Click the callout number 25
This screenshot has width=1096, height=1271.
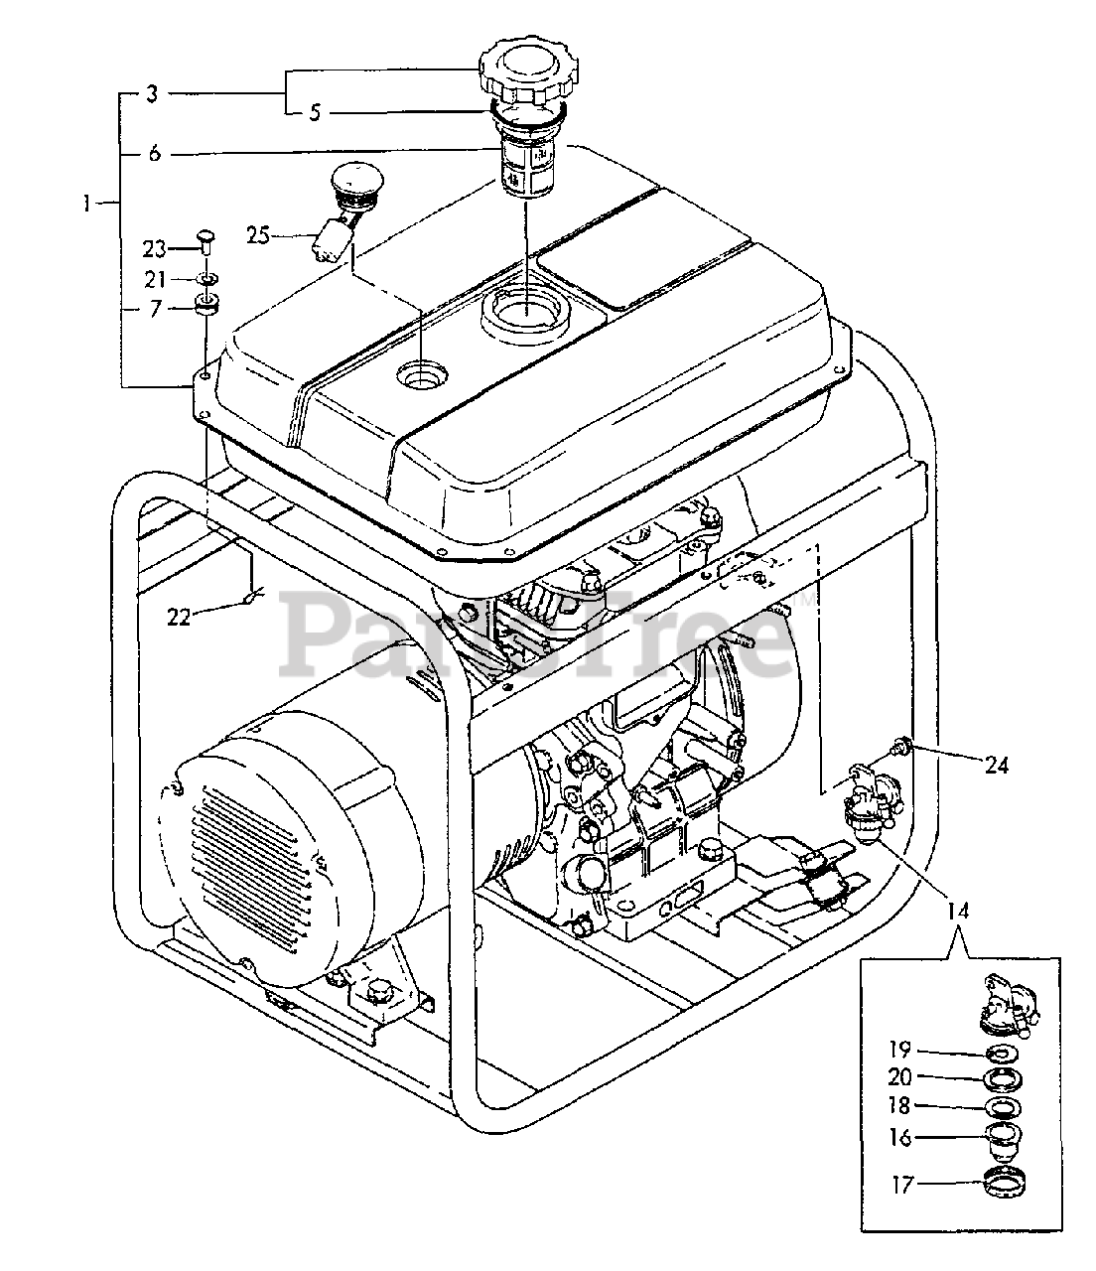(x=258, y=235)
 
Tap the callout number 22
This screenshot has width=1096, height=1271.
(x=179, y=617)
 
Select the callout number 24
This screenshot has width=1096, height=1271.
(x=996, y=765)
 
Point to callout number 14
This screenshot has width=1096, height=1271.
(x=958, y=911)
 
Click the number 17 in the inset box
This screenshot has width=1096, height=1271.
(x=902, y=1185)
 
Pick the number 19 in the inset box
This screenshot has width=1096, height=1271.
(x=899, y=1049)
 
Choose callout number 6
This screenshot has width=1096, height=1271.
(x=154, y=153)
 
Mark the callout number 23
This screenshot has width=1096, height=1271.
(x=154, y=249)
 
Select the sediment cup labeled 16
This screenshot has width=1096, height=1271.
(x=1004, y=1138)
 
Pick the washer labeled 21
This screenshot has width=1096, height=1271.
(x=207, y=279)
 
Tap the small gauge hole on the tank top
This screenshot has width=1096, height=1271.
(x=422, y=375)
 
